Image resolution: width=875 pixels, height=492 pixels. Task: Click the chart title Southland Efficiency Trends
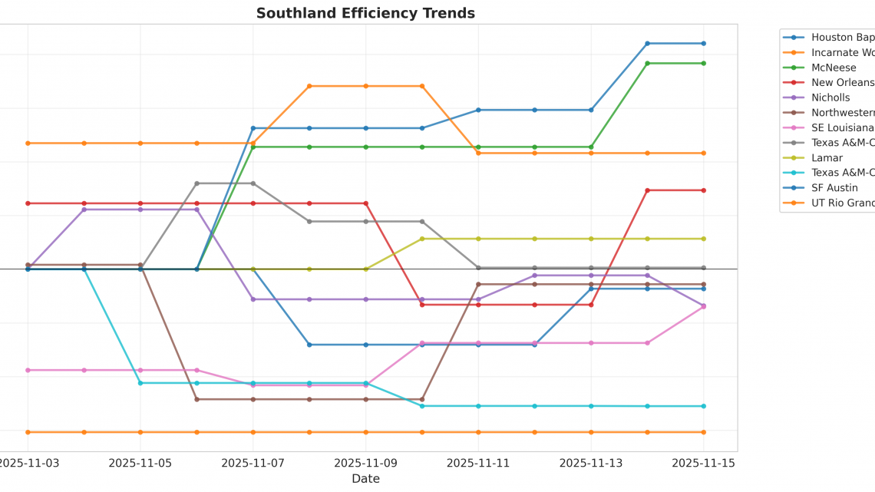coord(365,13)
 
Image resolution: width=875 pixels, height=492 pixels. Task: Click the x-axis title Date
coord(365,479)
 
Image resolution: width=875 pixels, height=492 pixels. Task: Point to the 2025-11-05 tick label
coord(140,463)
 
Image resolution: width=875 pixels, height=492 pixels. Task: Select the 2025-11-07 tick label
coord(253,463)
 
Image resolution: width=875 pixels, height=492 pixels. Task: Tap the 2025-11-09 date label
coord(365,463)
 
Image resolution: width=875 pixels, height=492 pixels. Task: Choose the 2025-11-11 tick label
coord(478,463)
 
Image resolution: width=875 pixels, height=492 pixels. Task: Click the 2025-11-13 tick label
coord(591,463)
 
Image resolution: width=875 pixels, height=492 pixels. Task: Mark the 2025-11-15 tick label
coord(703,463)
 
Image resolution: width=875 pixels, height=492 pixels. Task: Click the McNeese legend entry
coord(834,68)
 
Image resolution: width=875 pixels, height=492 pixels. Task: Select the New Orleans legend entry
coord(842,83)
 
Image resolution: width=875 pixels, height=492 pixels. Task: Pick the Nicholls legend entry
coord(830,97)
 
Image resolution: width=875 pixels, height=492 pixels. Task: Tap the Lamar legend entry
coord(827,157)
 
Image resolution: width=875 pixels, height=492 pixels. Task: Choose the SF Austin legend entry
coord(834,188)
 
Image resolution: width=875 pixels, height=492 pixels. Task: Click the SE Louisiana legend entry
coord(842,127)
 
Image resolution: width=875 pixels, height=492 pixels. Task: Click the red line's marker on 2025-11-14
coord(647,190)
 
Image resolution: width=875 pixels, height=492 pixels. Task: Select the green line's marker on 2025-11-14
coord(647,63)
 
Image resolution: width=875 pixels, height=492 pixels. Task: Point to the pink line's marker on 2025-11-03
coord(28,370)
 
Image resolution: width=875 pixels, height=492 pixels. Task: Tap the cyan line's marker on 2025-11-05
coord(140,383)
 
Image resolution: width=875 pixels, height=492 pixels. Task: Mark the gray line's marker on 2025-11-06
coord(196,183)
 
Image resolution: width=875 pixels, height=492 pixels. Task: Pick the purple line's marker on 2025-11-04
coord(84,210)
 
